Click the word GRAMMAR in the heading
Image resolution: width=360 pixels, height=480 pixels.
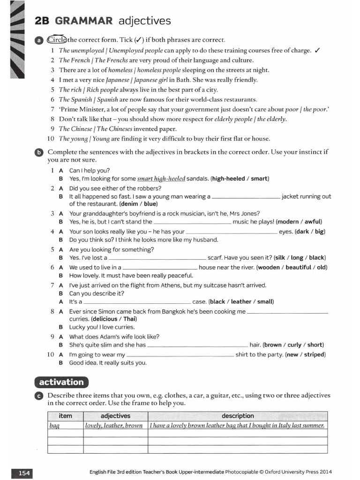tap(84, 21)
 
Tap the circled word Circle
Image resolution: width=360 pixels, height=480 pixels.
tap(57, 40)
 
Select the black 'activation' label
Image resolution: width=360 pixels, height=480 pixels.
tap(61, 382)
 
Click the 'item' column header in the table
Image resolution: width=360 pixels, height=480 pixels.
tap(65, 416)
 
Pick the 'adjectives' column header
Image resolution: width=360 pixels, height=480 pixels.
tap(115, 416)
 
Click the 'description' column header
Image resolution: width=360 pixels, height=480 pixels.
tap(238, 416)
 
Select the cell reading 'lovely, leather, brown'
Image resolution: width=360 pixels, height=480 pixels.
tap(114, 426)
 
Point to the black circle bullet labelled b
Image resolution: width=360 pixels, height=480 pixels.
tap(38, 152)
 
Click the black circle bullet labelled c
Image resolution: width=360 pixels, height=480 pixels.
tap(38, 396)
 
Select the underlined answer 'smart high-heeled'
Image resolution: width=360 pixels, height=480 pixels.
tap(161, 179)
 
